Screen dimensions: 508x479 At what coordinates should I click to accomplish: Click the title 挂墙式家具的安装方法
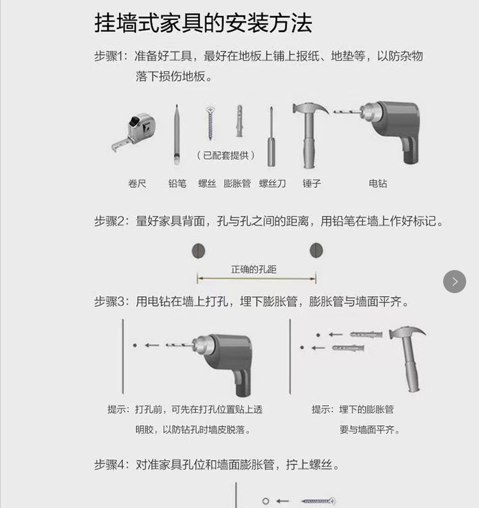pyautogui.click(x=203, y=23)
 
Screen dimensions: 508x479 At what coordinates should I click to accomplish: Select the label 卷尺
pyautogui.click(x=137, y=183)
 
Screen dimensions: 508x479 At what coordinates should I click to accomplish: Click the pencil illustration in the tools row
pyautogui.click(x=175, y=135)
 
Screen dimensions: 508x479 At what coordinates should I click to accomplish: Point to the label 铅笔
pyautogui.click(x=177, y=183)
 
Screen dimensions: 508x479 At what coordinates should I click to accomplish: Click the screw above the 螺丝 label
pyautogui.click(x=209, y=124)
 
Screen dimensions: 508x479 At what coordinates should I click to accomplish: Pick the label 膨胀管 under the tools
pyautogui.click(x=237, y=183)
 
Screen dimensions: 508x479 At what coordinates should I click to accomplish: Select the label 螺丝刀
pyautogui.click(x=272, y=183)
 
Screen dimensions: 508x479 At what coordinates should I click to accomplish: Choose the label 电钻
pyautogui.click(x=378, y=183)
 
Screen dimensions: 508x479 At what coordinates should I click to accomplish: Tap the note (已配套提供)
pyautogui.click(x=225, y=155)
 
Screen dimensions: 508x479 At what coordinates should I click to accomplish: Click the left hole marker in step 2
pyautogui.click(x=198, y=250)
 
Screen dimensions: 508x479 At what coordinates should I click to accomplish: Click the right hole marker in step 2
pyautogui.click(x=316, y=250)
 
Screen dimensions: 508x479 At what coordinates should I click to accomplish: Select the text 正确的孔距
pyautogui.click(x=254, y=269)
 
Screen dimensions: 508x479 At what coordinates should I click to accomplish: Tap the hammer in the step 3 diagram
pyautogui.click(x=407, y=356)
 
